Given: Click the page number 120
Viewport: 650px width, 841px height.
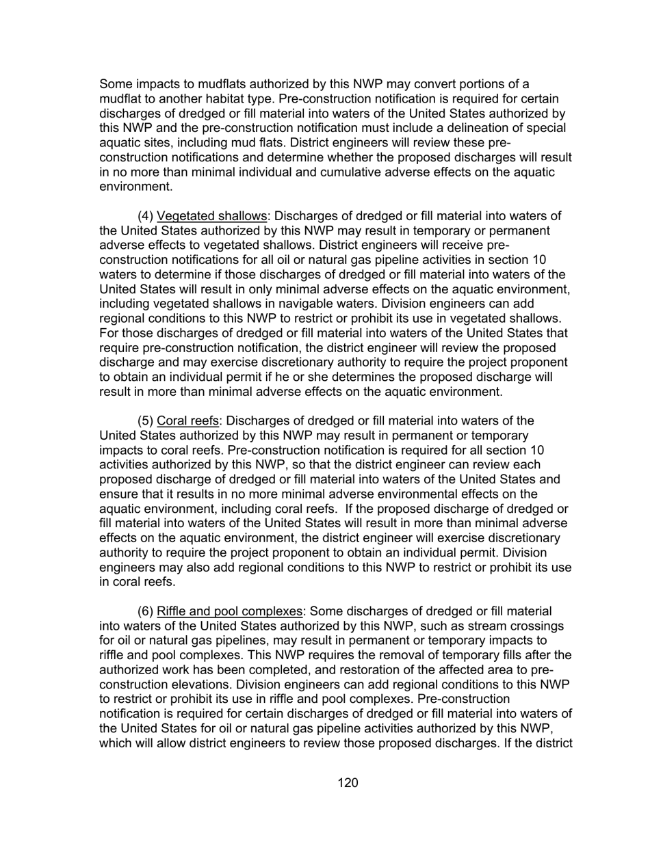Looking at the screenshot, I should [x=348, y=783].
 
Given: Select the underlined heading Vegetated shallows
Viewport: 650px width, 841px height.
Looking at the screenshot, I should [x=211, y=216].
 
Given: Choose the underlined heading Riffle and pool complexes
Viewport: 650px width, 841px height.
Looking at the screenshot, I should [x=229, y=611].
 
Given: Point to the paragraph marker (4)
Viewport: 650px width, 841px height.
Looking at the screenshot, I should [x=146, y=216].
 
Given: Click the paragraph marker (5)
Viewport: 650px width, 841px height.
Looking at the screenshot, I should [x=146, y=420].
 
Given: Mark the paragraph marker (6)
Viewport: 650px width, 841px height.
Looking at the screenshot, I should [x=146, y=611].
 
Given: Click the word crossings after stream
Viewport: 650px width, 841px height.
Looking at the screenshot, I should [x=533, y=626].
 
